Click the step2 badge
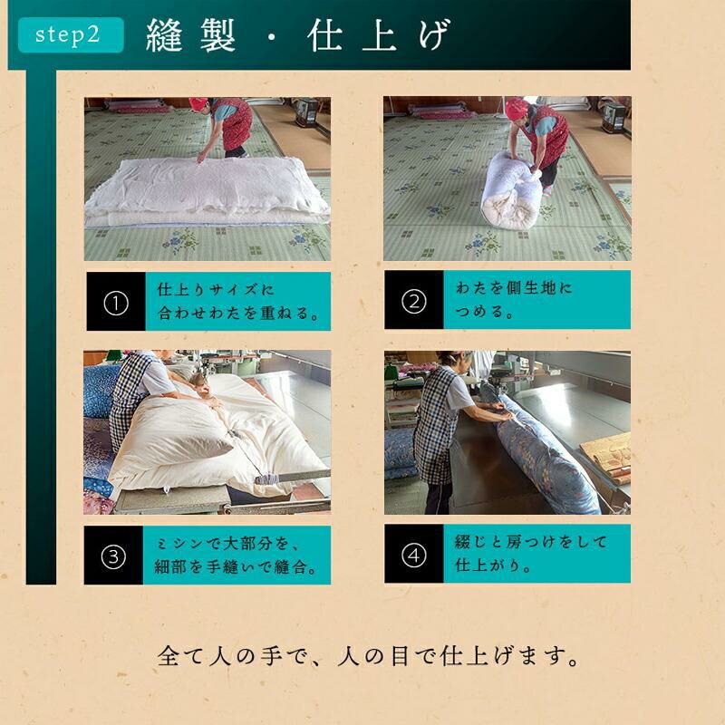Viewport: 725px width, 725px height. click(x=71, y=34)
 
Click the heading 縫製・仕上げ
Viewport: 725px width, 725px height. click(x=297, y=35)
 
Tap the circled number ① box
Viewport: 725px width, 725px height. click(x=116, y=302)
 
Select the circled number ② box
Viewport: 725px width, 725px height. click(x=414, y=300)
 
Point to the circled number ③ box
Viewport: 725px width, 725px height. click(x=113, y=556)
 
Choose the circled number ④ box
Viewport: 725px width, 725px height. click(x=414, y=554)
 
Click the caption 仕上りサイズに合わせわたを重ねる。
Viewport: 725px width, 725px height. click(x=237, y=302)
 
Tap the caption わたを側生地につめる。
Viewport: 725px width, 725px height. click(x=514, y=300)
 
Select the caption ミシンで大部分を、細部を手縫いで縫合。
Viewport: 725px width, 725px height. click(x=236, y=555)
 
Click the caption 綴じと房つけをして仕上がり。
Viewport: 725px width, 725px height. click(x=530, y=553)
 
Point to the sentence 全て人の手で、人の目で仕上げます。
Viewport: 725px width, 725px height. click(x=368, y=656)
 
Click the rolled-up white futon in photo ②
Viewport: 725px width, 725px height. click(x=511, y=189)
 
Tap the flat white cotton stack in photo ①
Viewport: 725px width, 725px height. click(x=208, y=191)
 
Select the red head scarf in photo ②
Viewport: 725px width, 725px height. click(x=517, y=108)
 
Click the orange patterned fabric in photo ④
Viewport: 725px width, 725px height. click(x=606, y=456)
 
